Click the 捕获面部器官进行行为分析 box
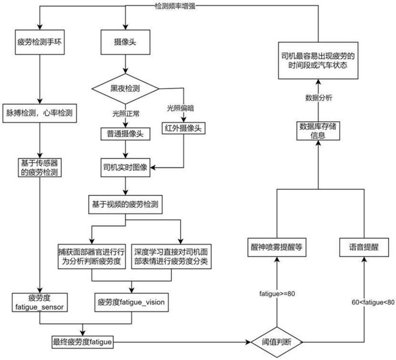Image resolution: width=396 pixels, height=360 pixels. [93, 258]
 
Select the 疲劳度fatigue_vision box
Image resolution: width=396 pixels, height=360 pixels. [132, 301]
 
